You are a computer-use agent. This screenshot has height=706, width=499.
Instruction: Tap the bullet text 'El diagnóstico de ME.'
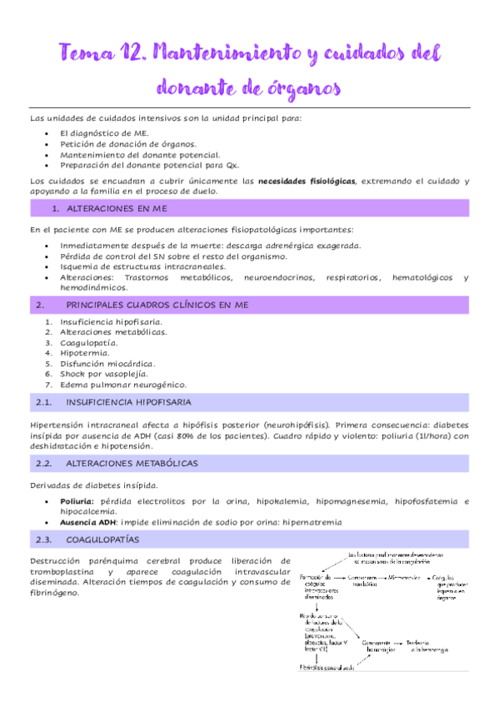coord(104,132)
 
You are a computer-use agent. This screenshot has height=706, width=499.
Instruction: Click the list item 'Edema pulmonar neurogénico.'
coord(122,385)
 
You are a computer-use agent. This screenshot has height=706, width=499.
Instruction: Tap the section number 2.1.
coord(45,403)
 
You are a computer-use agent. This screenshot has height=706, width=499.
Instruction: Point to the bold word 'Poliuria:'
coord(77,501)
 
